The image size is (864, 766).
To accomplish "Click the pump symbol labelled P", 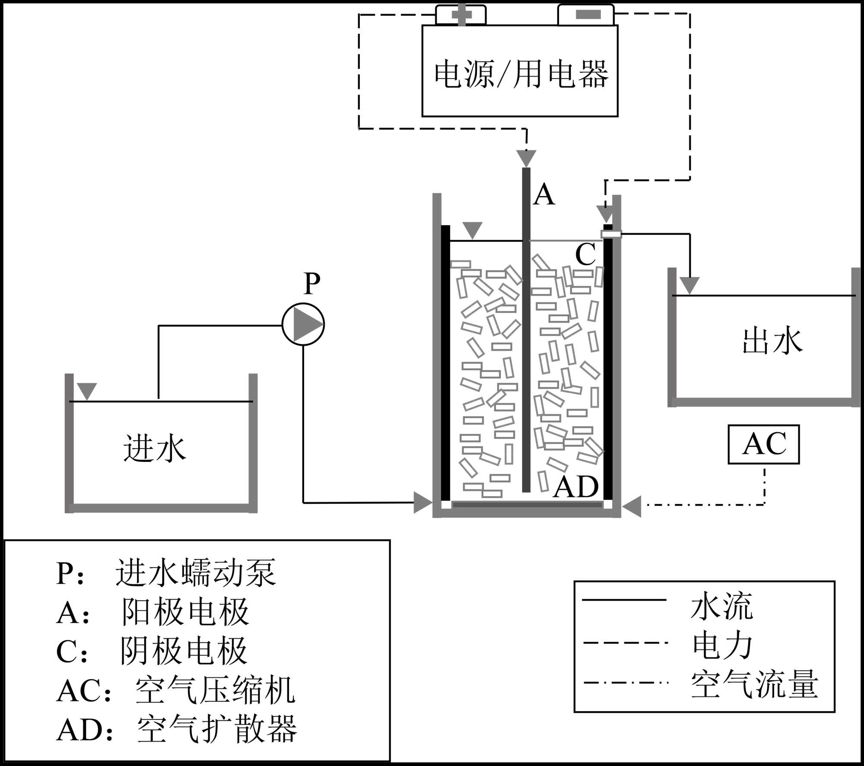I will (x=303, y=324).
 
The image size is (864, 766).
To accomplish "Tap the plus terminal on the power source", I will (x=461, y=15).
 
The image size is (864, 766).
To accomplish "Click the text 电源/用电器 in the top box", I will (x=521, y=74).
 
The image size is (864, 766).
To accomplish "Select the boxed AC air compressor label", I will (x=764, y=444).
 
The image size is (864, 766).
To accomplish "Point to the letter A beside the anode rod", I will (x=544, y=194).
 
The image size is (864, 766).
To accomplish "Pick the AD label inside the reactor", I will (x=575, y=487).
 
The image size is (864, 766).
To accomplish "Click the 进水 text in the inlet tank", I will (x=154, y=448).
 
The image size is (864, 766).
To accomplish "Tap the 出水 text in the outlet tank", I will (x=772, y=341).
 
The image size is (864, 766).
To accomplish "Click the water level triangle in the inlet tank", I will (x=87, y=391).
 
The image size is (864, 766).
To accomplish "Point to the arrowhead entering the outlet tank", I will (x=689, y=285).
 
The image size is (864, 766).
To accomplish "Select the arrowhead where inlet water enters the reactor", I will (x=423, y=502).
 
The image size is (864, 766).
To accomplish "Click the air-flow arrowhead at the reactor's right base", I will (x=632, y=506).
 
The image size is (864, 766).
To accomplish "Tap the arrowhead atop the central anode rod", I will (x=526, y=158).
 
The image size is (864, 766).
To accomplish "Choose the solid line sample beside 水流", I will (x=624, y=600).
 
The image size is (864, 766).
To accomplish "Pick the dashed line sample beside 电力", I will (x=625, y=643).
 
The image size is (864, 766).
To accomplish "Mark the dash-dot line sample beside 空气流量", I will (x=625, y=683).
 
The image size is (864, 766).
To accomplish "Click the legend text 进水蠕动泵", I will (x=195, y=573).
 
